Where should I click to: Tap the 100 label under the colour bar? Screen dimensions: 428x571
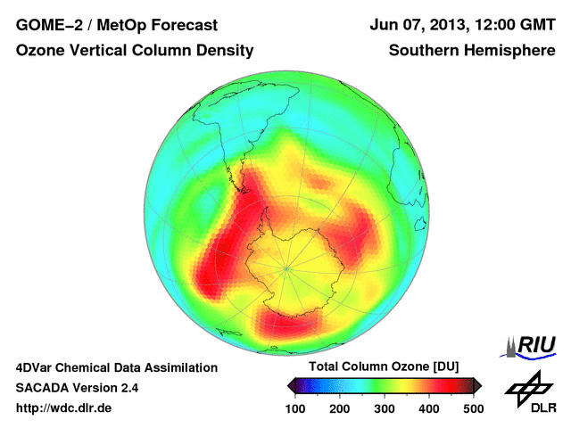[x=295, y=408]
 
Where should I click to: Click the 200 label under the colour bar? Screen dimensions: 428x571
[x=340, y=408]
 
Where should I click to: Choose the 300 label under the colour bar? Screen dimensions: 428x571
[x=385, y=408]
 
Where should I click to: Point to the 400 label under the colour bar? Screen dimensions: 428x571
[x=428, y=408]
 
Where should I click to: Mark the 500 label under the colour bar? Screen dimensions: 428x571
[x=473, y=408]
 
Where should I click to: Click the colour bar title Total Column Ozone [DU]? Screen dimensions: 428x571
[x=384, y=366]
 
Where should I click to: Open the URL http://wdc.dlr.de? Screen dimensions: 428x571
[x=65, y=408]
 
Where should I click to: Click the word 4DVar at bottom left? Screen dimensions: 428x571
[x=37, y=367]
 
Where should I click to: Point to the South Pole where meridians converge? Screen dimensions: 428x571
[x=285, y=267]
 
